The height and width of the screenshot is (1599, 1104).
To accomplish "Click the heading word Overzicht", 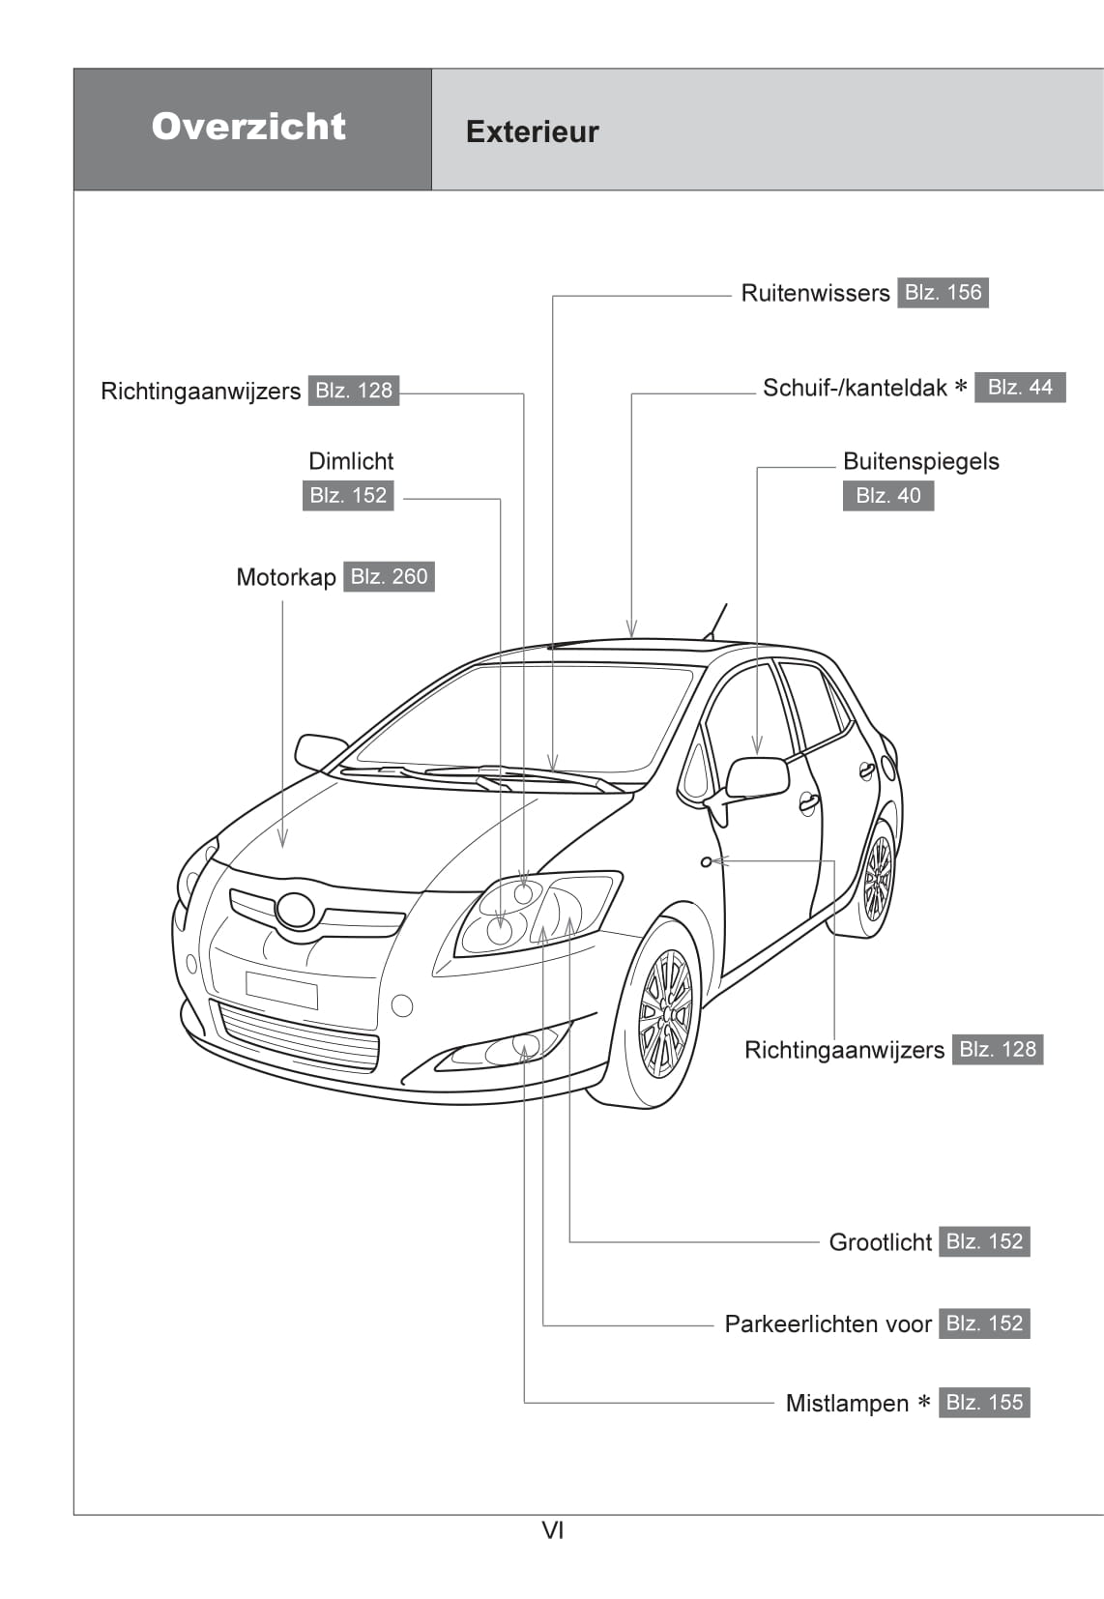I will coord(248,127).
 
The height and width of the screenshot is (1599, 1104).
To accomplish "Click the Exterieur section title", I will coord(532,131).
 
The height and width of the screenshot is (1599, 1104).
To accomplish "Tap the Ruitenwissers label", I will coord(815,293).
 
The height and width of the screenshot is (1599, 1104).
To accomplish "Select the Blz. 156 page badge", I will coord(943,292).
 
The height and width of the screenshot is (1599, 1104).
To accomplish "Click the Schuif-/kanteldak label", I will coord(855,388).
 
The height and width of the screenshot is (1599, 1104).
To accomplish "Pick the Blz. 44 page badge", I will coord(1020,387).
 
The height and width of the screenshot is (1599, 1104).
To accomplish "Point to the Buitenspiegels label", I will coord(920,461).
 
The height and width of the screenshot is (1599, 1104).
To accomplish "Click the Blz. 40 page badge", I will coord(887,495).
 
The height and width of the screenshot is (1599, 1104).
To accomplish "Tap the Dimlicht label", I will coord(351,461).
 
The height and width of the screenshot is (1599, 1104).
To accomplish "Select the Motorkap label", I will coord(286,577).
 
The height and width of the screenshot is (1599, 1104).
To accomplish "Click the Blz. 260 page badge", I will coord(389,576).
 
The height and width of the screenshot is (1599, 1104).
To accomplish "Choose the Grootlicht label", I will coord(880,1242).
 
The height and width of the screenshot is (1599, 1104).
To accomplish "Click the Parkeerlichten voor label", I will coord(828,1323).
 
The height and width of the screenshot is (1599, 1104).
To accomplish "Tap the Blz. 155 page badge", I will coord(984,1402).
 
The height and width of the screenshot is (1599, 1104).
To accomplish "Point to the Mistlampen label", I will coord(847,1403).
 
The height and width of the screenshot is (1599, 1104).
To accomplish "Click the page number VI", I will coord(552,1530).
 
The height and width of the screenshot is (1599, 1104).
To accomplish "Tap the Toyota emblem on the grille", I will coord(295,910).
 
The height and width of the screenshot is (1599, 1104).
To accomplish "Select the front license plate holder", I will coord(281,990).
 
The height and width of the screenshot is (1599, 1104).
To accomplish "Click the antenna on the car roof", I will coord(716,621).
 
